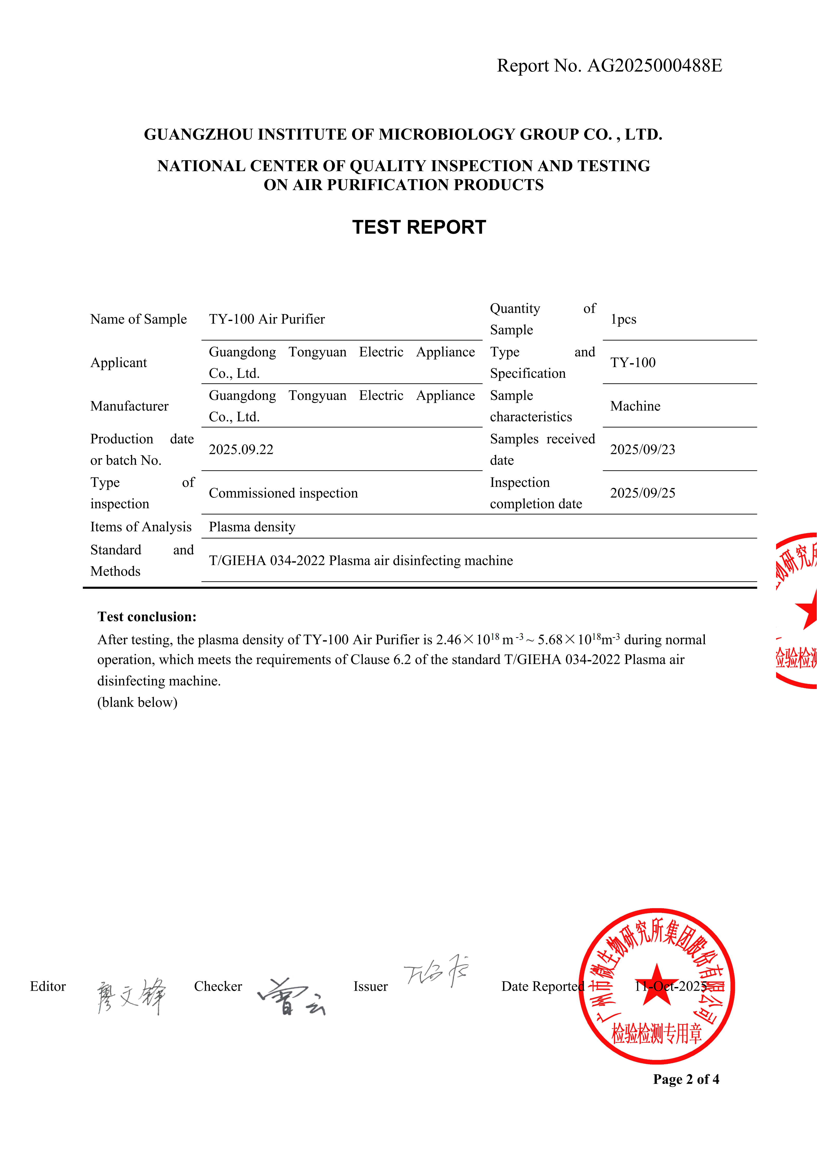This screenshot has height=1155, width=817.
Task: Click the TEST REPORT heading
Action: (419, 227)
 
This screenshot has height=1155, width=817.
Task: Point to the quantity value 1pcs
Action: (623, 319)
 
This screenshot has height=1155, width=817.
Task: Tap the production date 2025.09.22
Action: (241, 450)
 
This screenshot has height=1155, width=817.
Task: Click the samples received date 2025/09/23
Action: (643, 450)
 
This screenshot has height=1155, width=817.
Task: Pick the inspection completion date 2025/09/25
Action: (643, 493)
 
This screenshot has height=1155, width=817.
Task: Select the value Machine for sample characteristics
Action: (635, 406)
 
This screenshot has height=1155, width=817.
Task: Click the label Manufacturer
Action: (129, 406)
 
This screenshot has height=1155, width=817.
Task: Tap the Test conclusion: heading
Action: (147, 617)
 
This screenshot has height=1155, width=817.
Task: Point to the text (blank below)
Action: (137, 702)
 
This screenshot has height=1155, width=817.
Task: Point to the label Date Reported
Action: (542, 987)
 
